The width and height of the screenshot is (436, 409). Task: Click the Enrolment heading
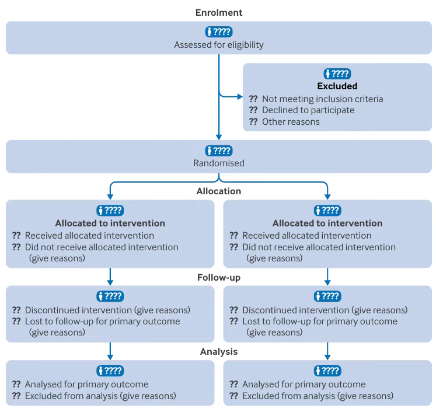coord(219,12)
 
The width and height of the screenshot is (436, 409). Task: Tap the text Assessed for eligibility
coord(219,44)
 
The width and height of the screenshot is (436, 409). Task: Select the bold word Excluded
coord(337,86)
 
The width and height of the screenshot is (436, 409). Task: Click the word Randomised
coord(219,163)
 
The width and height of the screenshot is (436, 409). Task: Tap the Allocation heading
coord(219,191)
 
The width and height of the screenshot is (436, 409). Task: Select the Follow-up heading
coord(219,278)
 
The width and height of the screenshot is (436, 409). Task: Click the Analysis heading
coord(219,351)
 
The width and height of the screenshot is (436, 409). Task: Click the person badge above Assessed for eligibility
coord(219,32)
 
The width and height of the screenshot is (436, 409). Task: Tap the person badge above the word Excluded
coord(337,74)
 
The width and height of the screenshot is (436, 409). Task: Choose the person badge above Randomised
coord(219,151)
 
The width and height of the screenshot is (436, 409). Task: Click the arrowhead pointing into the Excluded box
coord(240,97)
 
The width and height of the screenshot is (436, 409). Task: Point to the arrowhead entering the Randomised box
coord(219,137)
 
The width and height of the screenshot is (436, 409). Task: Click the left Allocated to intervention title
coord(110,223)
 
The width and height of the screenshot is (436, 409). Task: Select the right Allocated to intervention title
coord(327,223)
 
